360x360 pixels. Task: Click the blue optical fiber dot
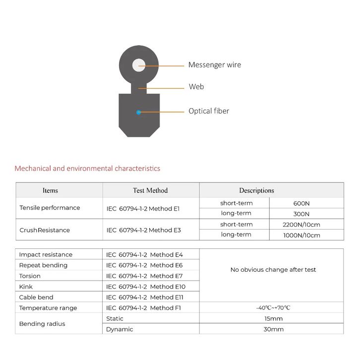click(x=138, y=113)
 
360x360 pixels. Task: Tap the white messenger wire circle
click(x=138, y=65)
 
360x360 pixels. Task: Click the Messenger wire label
click(x=214, y=65)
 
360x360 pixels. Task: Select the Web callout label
click(x=196, y=87)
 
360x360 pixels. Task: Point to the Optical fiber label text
click(x=208, y=111)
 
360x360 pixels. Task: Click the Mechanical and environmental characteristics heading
click(x=87, y=169)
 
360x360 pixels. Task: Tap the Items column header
click(x=50, y=190)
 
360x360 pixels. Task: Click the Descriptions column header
click(x=256, y=190)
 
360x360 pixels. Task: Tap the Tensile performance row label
click(x=50, y=208)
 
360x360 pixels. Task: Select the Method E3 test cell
click(x=143, y=230)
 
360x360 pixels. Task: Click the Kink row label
click(x=26, y=287)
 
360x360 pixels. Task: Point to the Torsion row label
click(x=30, y=276)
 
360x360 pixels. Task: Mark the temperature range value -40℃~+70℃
click(x=273, y=308)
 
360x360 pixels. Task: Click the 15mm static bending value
click(x=273, y=318)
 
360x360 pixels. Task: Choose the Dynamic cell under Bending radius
click(x=120, y=329)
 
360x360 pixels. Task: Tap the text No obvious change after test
click(x=273, y=270)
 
